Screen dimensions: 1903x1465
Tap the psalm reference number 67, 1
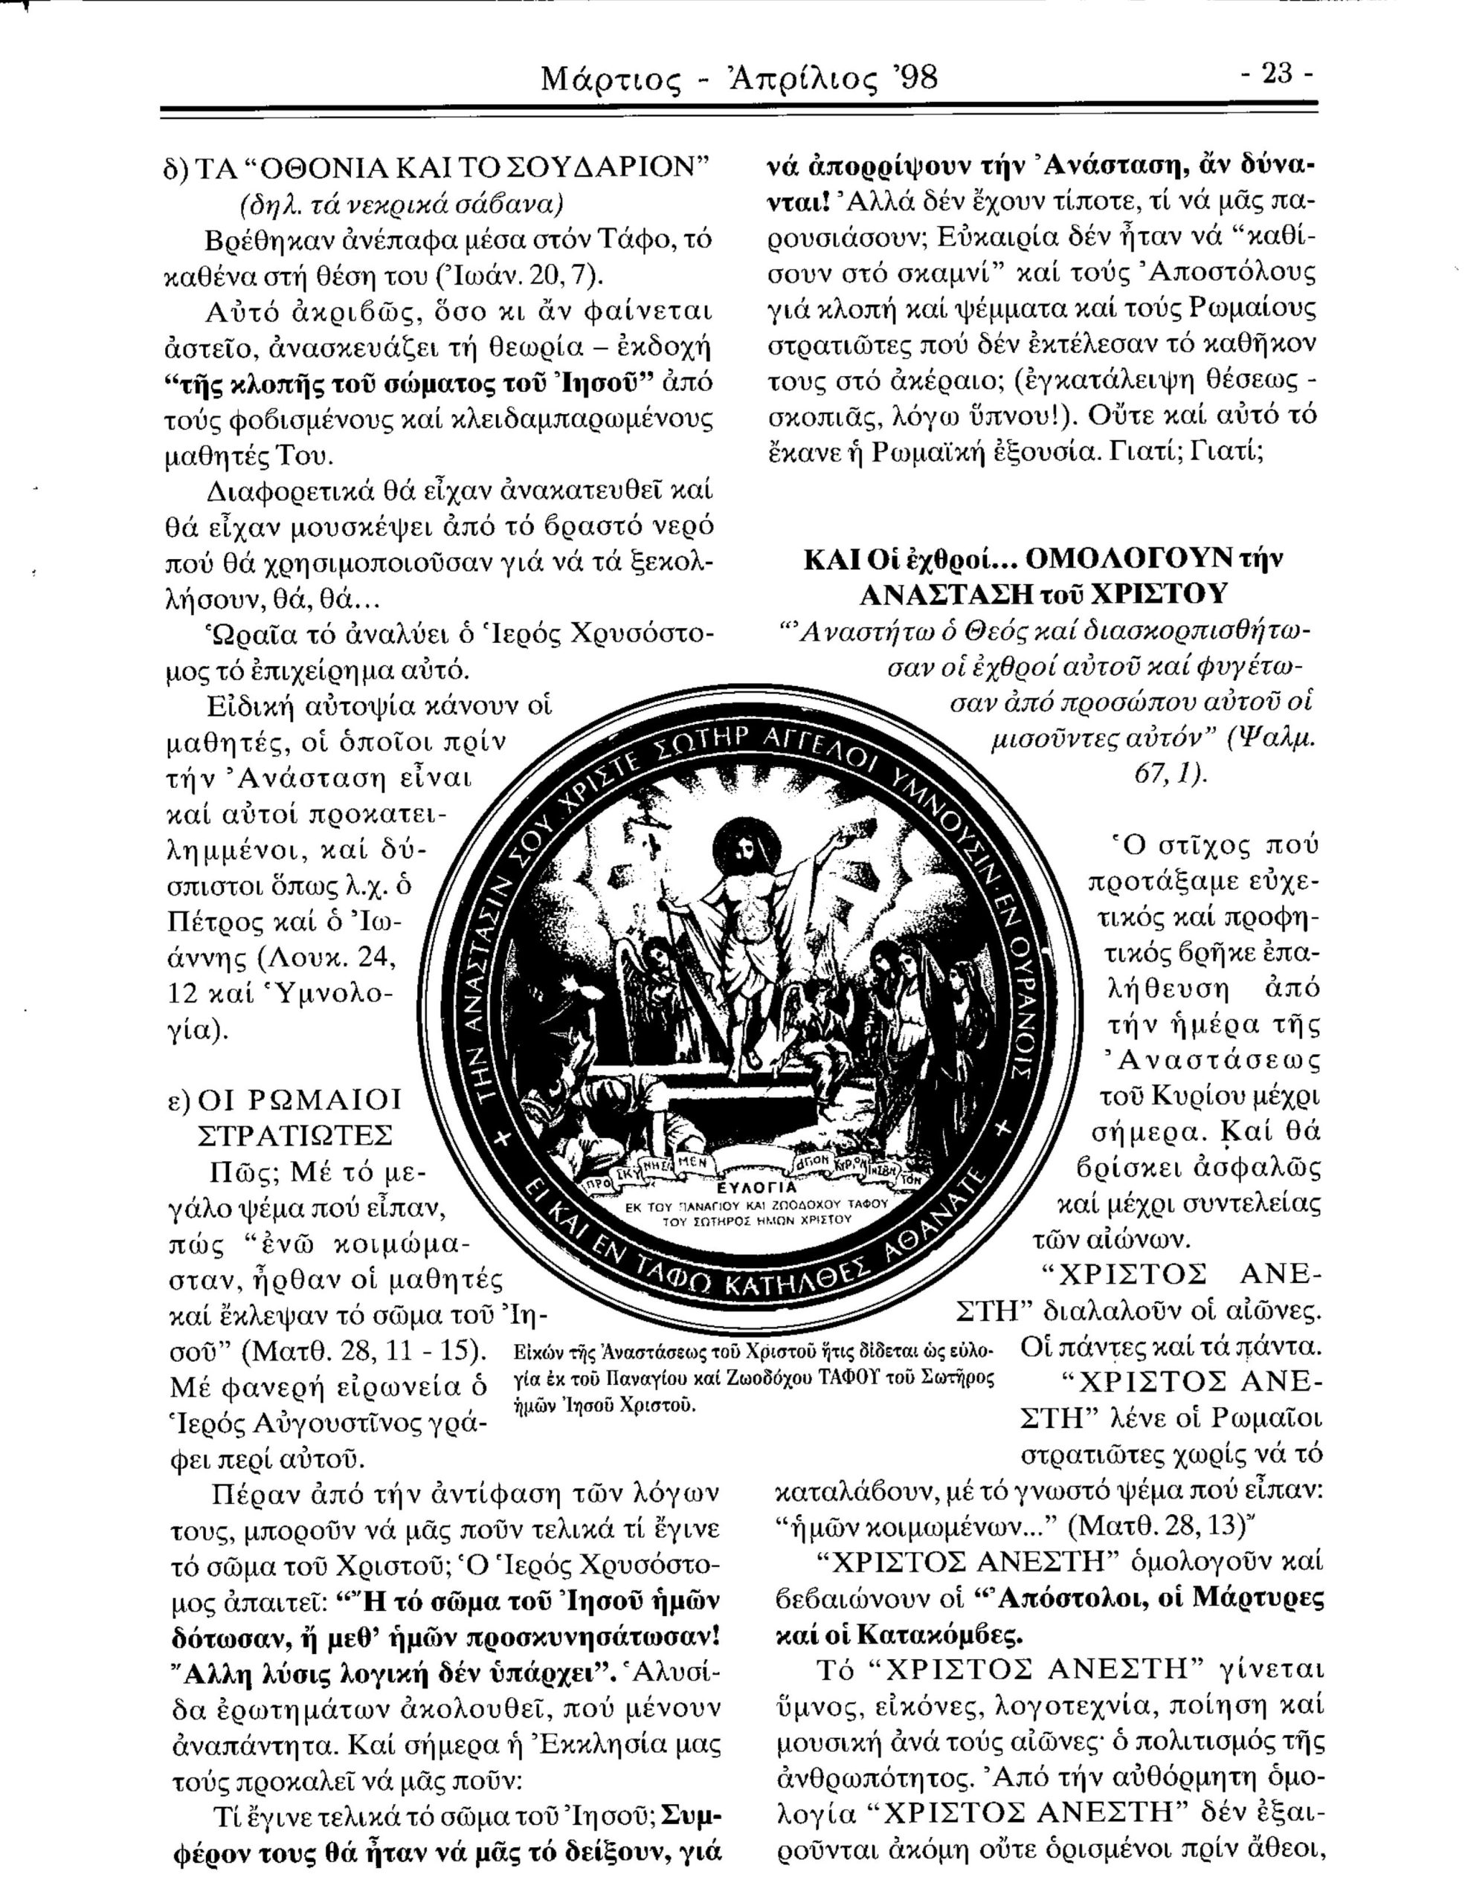click(1168, 774)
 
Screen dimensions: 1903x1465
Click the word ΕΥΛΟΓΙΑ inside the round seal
click(756, 1189)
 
